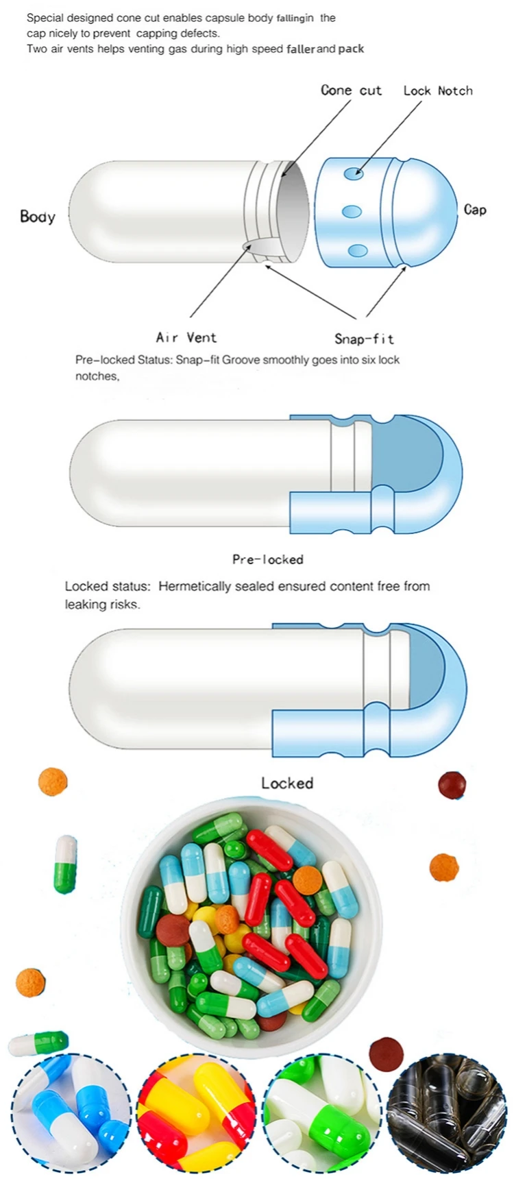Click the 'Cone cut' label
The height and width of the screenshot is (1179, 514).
351,90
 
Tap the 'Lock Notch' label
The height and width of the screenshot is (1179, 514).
437,90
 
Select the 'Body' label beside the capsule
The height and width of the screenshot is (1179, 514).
37,217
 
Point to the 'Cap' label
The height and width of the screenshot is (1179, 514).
475,210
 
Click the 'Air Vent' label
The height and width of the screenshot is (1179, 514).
186,337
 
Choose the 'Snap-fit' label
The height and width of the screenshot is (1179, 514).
364,339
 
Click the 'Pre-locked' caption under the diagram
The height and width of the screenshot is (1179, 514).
267,559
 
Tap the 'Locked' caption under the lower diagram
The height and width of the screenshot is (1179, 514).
287,783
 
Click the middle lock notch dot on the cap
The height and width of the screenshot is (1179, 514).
352,211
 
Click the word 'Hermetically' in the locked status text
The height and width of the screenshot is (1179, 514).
194,586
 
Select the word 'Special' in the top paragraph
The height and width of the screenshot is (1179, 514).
45,18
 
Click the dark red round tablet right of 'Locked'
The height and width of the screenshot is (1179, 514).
452,785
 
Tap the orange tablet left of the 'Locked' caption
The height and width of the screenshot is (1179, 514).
53,781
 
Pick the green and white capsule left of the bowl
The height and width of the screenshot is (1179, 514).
66,864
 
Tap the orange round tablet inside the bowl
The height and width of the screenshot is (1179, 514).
307,879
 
